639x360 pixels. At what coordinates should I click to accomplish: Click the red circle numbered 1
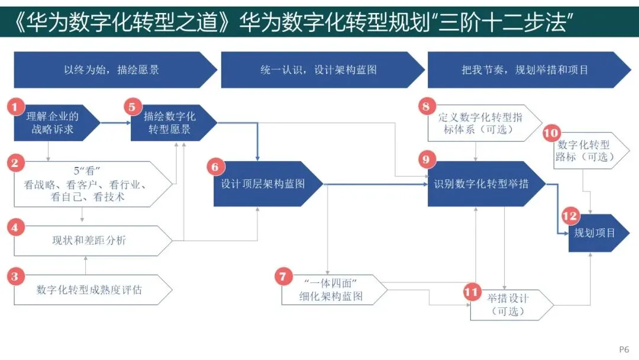pos(15,107)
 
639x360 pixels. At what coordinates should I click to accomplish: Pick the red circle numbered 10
pos(551,133)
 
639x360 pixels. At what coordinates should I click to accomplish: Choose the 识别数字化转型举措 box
pos(482,184)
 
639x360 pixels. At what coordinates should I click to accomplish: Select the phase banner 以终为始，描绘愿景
pos(112,70)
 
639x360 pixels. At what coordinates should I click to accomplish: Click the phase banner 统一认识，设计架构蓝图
pos(319,70)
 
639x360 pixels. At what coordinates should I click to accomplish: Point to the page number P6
pos(624,349)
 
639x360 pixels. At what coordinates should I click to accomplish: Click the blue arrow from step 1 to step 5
pos(115,123)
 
